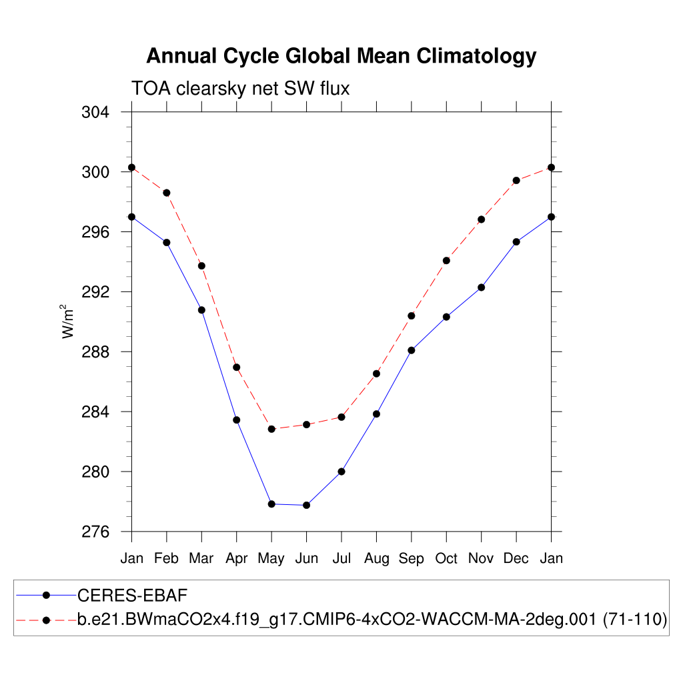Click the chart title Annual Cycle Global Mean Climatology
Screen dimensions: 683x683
[x=341, y=56]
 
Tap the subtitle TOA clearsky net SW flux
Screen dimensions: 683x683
[x=240, y=88]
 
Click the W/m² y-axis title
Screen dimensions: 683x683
[x=69, y=321]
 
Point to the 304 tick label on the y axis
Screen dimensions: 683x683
[x=96, y=112]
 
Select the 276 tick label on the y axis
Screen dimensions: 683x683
[x=96, y=532]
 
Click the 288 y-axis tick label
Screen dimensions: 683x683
[x=96, y=352]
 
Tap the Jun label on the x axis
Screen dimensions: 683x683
[x=306, y=558]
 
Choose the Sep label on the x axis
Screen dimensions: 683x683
[x=411, y=559]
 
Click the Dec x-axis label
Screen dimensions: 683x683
[x=516, y=558]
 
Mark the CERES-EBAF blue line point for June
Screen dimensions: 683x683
[x=306, y=505]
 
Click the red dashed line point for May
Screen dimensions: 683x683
[x=271, y=429]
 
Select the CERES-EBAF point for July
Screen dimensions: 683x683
[x=341, y=472]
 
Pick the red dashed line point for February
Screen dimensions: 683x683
[x=167, y=193]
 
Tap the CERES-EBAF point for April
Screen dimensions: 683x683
[x=236, y=420]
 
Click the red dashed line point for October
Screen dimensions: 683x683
[x=446, y=260]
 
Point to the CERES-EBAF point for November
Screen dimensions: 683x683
[x=481, y=287]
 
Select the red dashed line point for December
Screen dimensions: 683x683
[x=516, y=180]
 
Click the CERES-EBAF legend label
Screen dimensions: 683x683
[x=127, y=594]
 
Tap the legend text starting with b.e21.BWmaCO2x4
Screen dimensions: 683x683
[x=372, y=620]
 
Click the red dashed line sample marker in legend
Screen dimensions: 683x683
[x=46, y=620]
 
